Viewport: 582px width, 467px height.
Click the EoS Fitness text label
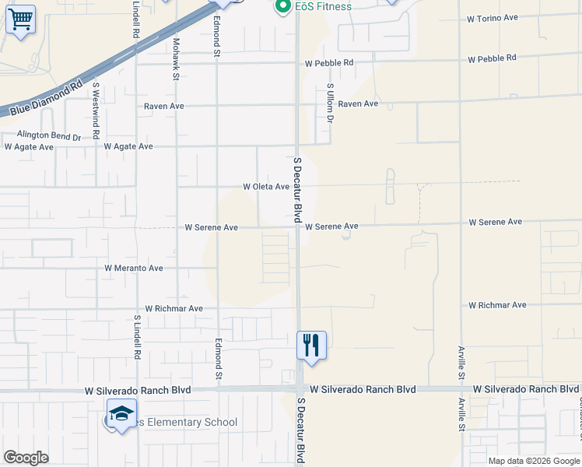pyautogui.click(x=323, y=7)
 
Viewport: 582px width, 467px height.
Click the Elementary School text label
pyautogui.click(x=187, y=423)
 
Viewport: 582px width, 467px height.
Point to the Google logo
pyautogui.click(x=26, y=458)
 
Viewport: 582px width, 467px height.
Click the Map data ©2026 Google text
pyautogui.click(x=533, y=461)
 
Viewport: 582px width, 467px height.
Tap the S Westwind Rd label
pyautogui.click(x=96, y=111)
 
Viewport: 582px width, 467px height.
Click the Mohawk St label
pyautogui.click(x=177, y=59)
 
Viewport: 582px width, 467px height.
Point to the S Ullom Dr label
pyautogui.click(x=330, y=104)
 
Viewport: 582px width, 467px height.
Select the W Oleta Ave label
pyautogui.click(x=266, y=187)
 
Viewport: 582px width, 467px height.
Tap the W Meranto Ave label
pyautogui.click(x=134, y=268)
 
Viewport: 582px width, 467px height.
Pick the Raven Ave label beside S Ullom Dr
pyautogui.click(x=358, y=104)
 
